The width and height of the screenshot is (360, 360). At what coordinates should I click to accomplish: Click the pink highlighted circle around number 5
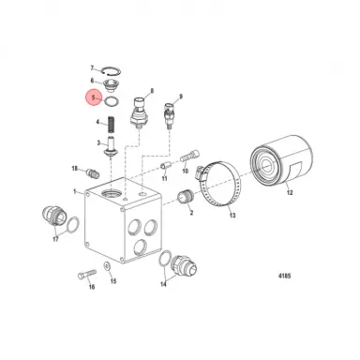(x=92, y=96)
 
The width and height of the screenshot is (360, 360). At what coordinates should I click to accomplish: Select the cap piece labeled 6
(x=112, y=82)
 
